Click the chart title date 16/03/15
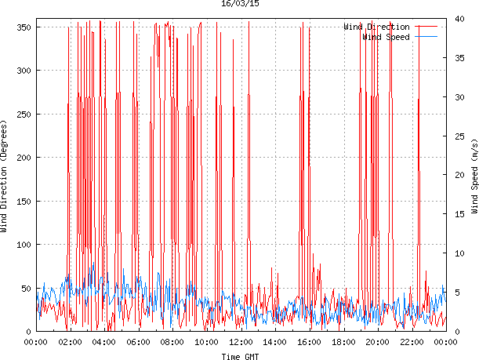click(241, 5)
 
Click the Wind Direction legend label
click(376, 27)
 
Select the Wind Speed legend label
click(386, 37)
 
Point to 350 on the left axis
click(23, 27)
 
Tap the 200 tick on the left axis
click(23, 158)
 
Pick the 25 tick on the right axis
click(459, 136)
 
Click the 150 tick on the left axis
click(23, 202)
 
